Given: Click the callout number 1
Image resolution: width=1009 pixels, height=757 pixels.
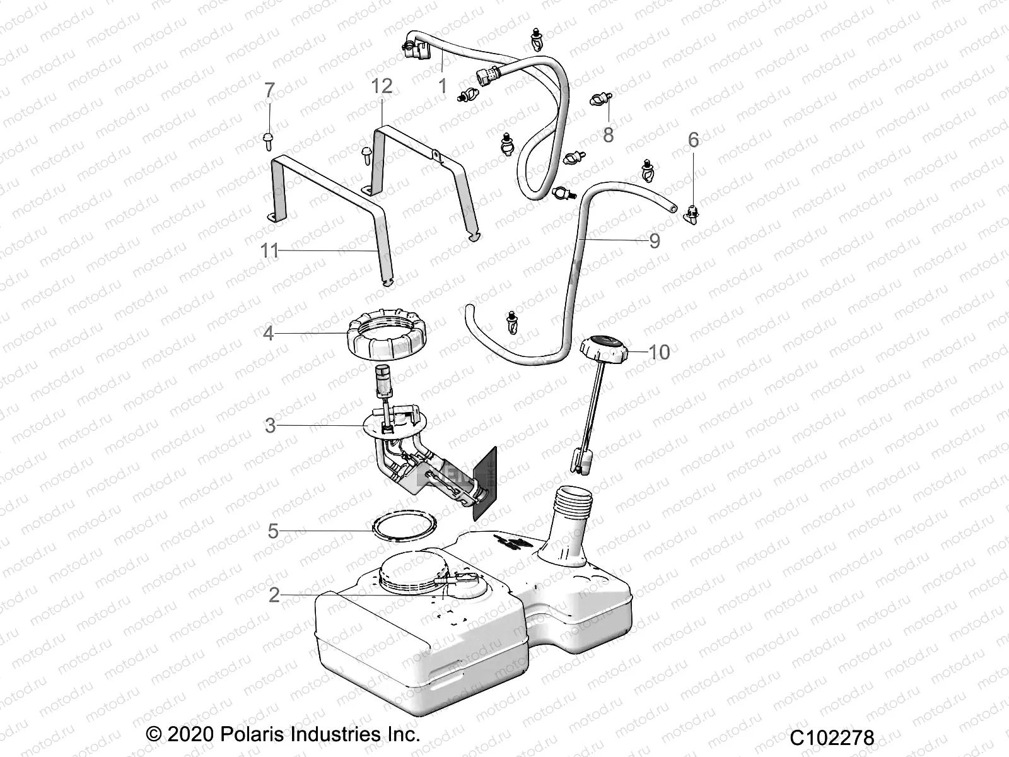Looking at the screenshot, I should (443, 86).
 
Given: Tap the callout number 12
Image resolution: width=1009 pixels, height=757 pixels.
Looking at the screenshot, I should (382, 85).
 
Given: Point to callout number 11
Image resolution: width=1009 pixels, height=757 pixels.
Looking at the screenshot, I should (269, 250).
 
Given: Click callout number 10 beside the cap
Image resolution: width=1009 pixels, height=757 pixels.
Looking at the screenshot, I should (659, 352).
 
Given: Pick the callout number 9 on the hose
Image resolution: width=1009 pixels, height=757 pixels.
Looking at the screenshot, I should (654, 240).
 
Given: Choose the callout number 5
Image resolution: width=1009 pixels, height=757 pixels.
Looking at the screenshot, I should (272, 531).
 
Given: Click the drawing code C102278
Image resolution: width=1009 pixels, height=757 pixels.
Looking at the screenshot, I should (833, 737).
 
